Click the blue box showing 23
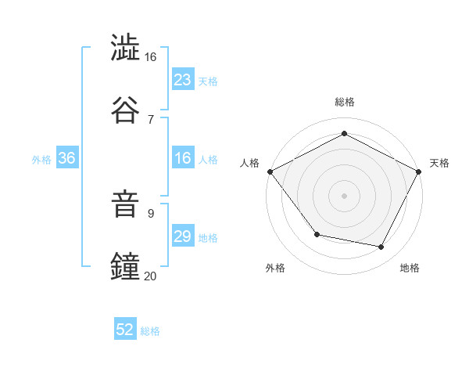182,80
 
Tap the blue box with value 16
182,158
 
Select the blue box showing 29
182,236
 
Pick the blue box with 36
66,158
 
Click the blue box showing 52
125,330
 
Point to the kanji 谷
126,109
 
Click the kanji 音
126,205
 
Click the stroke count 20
150,275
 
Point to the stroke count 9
151,213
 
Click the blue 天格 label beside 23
207,81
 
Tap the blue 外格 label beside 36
41,159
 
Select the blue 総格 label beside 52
150,330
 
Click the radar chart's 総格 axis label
344,102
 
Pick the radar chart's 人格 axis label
250,163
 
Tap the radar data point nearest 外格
317,234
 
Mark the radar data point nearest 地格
381,247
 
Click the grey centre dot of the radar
344,195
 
